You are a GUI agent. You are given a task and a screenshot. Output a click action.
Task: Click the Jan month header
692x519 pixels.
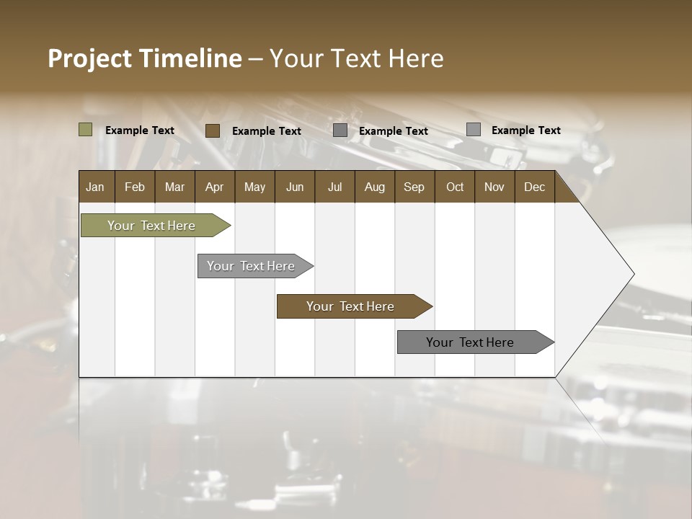[x=96, y=187]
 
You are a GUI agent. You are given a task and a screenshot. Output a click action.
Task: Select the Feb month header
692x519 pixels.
[x=135, y=187]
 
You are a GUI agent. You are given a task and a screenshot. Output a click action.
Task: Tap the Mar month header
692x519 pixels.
[x=174, y=187]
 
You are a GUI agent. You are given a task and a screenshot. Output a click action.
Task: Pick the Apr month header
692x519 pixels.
[x=215, y=187]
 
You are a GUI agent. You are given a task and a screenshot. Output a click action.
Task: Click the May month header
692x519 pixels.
[x=254, y=187]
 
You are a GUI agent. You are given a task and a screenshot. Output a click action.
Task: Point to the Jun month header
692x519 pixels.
[x=295, y=187]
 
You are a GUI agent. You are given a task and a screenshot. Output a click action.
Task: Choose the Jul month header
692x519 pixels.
[x=334, y=187]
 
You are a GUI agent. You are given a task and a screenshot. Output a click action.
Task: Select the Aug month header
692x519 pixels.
[x=375, y=187]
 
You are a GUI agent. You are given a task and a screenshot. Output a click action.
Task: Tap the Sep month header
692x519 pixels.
[x=414, y=187]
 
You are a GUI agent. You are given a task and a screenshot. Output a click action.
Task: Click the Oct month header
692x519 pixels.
[x=455, y=187]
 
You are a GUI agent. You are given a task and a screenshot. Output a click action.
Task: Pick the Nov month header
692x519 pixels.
[x=494, y=187]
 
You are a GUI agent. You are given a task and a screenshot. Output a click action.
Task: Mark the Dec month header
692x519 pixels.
[x=535, y=187]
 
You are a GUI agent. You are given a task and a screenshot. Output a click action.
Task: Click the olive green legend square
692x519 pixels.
[x=86, y=130]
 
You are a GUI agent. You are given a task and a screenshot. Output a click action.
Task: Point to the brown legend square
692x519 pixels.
[x=213, y=130]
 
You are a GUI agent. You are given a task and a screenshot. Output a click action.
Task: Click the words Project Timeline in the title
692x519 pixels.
[x=145, y=58]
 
